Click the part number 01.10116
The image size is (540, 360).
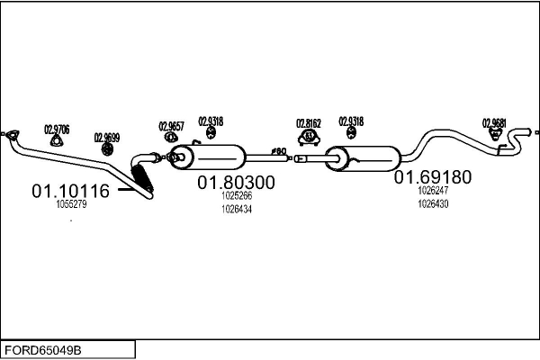click(x=70, y=191)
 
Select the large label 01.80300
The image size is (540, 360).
click(x=236, y=182)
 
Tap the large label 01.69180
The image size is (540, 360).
click(x=432, y=177)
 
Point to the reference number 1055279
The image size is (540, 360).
click(x=71, y=205)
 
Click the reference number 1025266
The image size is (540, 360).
click(x=236, y=195)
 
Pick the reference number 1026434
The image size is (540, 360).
click(x=236, y=209)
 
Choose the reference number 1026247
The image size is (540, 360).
click(x=433, y=191)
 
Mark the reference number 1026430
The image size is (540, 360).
click(x=433, y=203)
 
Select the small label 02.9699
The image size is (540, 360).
click(x=106, y=138)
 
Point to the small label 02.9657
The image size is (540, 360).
click(x=171, y=126)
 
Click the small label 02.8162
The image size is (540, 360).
click(x=310, y=123)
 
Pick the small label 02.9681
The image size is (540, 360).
click(x=494, y=123)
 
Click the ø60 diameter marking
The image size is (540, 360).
click(x=279, y=151)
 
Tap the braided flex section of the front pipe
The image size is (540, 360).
click(x=144, y=176)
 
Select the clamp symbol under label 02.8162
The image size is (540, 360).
click(x=310, y=137)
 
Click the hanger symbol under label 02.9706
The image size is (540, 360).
click(x=58, y=139)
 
